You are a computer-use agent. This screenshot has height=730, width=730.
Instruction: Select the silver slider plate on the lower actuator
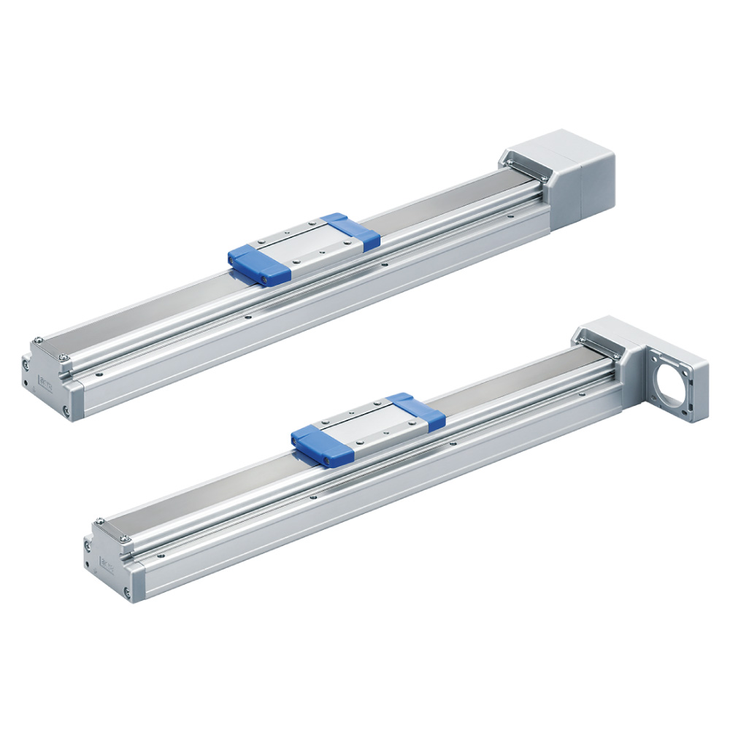369,426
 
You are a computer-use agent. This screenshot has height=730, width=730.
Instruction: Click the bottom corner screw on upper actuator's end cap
66,411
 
